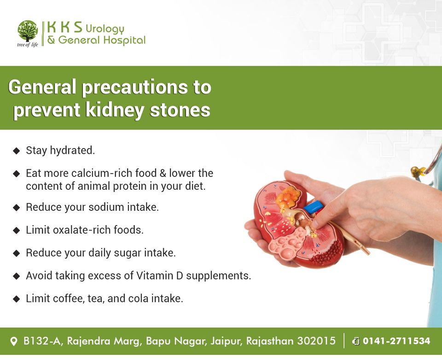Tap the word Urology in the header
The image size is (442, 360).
click(105, 29)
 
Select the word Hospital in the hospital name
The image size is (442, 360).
click(124, 41)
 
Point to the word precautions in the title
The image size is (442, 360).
click(134, 87)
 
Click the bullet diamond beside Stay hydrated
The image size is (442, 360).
click(17, 151)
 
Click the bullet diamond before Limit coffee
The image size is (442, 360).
click(17, 299)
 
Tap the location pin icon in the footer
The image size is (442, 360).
click(13, 342)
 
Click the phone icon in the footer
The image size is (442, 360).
click(356, 341)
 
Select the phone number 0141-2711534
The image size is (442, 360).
click(396, 341)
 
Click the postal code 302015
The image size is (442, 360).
click(316, 341)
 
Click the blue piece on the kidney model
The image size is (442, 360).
click(314, 207)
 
